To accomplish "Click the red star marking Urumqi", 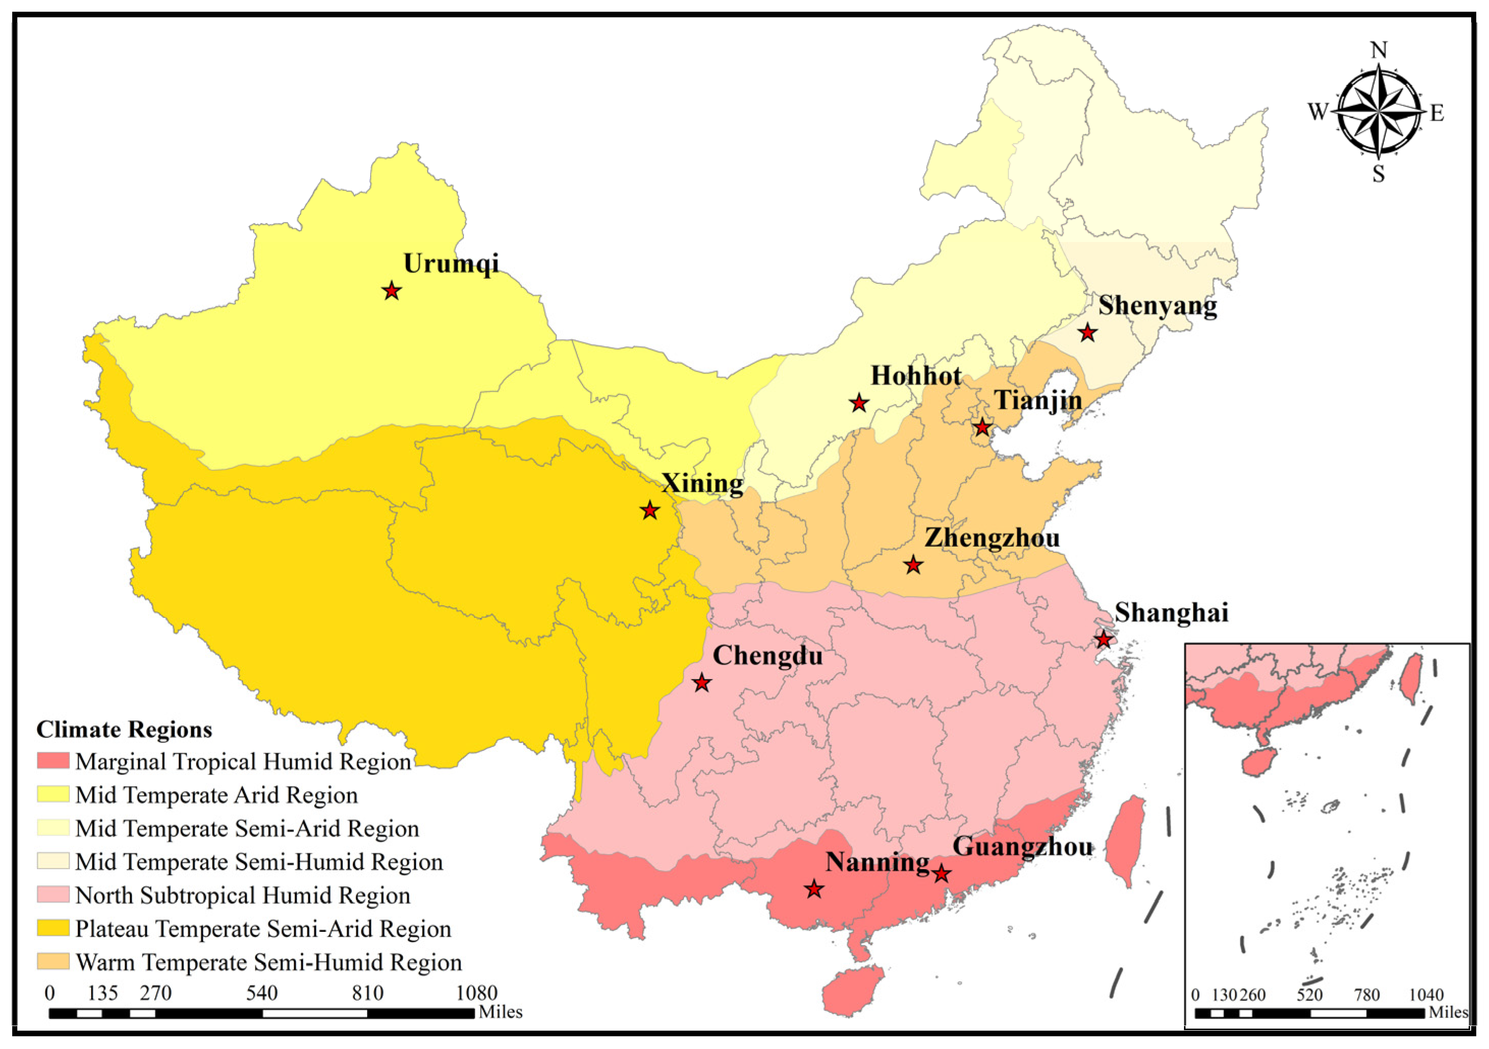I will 391,290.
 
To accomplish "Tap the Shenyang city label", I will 1157,306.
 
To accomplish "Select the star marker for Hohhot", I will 859,403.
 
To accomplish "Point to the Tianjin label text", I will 1038,400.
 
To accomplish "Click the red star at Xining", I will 650,510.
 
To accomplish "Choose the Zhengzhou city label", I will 992,538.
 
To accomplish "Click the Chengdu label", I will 768,656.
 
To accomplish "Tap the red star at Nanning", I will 814,890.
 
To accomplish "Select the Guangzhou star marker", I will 942,874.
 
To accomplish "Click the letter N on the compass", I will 1379,50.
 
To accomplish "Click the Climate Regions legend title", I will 124,730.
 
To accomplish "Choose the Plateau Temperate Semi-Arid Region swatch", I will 52,928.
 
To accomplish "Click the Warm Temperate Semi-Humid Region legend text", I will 268,962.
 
